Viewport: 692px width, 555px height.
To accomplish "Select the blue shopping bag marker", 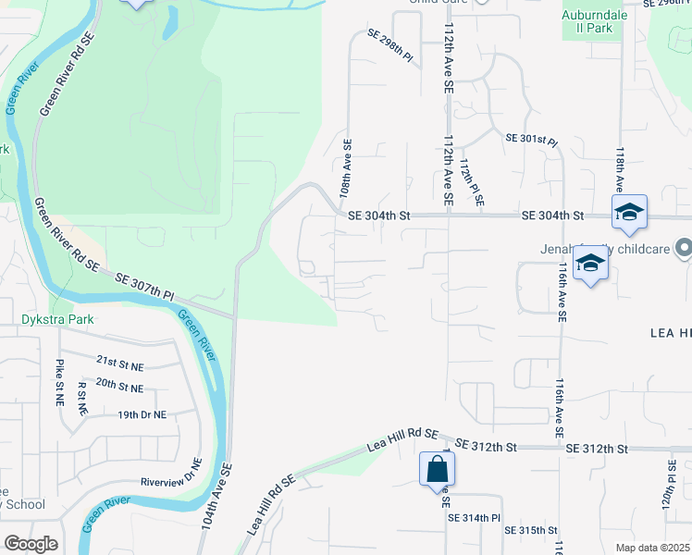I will coord(436,469).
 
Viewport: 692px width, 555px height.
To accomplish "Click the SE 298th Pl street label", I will coord(389,44).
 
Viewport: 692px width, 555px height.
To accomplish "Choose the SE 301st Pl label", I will coord(531,141).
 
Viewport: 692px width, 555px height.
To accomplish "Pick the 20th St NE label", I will coord(119,387).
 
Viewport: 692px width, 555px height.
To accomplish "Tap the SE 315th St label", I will coord(531,530).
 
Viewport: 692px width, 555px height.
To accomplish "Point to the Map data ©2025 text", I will coord(652,548).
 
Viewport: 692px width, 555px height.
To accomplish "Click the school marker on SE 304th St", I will coord(629,212).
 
